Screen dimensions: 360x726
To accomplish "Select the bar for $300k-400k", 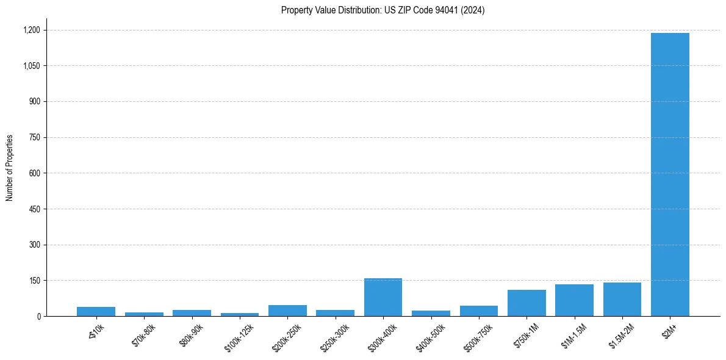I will tap(383, 297).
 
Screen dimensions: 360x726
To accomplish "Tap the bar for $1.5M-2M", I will tap(622, 300).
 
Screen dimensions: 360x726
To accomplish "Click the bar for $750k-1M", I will tap(527, 303).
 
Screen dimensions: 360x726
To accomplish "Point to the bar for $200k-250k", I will tap(287, 311).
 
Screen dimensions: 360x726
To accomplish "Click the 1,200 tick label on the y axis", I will tap(32, 30).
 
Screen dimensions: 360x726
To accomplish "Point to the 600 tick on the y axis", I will tap(35, 173).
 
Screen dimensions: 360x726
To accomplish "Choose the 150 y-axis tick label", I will tap(35, 281).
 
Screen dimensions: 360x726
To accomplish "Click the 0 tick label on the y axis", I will tap(38, 317).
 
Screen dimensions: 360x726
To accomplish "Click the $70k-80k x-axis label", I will tap(144, 335).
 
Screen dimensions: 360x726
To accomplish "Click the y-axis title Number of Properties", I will tap(10, 168).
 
